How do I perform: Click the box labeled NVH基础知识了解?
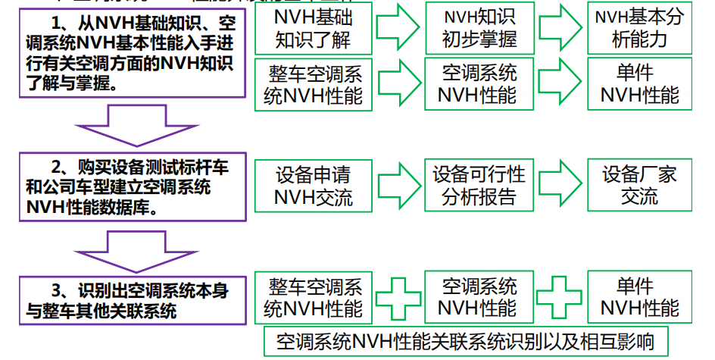(313, 28)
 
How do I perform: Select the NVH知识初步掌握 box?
(479, 28)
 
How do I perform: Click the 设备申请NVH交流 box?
(313, 186)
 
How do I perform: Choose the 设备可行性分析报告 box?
(479, 186)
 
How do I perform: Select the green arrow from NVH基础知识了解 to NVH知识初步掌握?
(397, 28)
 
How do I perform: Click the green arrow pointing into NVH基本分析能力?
(561, 28)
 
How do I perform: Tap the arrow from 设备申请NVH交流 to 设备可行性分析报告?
(397, 186)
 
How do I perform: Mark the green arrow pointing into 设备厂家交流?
(561, 186)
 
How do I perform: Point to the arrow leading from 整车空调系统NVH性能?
(397, 83)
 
